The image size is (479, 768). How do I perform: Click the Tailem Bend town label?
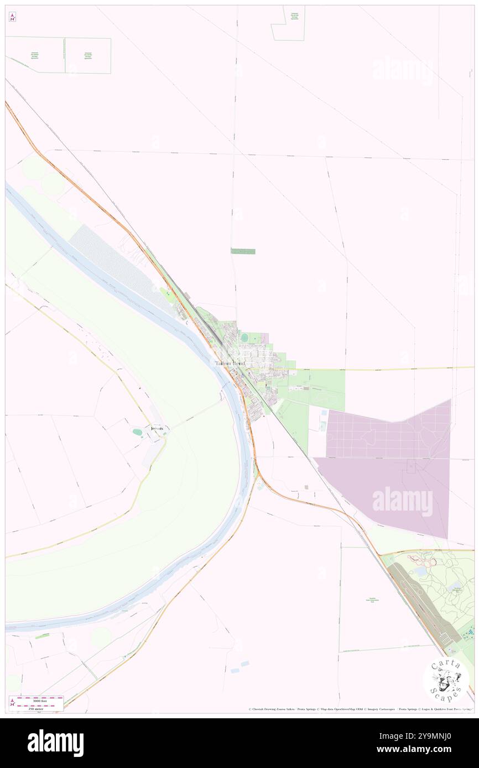click(230, 364)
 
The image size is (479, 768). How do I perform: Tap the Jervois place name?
click(158, 428)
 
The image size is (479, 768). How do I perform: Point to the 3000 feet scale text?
click(40, 701)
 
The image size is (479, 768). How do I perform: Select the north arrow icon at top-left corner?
click(12, 17)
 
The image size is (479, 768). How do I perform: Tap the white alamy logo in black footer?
click(55, 743)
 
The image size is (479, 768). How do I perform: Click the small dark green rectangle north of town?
click(243, 251)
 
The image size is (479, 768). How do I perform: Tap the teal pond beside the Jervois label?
click(138, 432)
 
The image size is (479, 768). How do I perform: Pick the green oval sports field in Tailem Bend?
click(244, 337)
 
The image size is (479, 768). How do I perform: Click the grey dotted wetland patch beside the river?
click(116, 260)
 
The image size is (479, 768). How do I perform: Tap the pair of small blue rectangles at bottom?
click(239, 666)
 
